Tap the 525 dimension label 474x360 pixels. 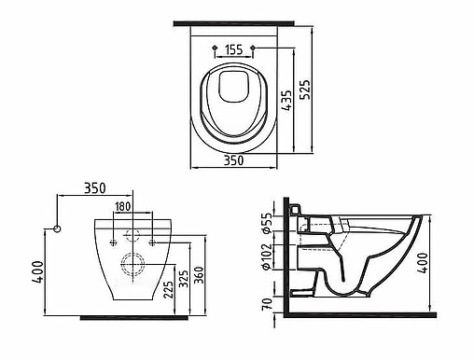click(x=304, y=90)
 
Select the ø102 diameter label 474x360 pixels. click(x=268, y=258)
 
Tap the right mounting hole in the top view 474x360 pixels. click(x=253, y=47)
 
